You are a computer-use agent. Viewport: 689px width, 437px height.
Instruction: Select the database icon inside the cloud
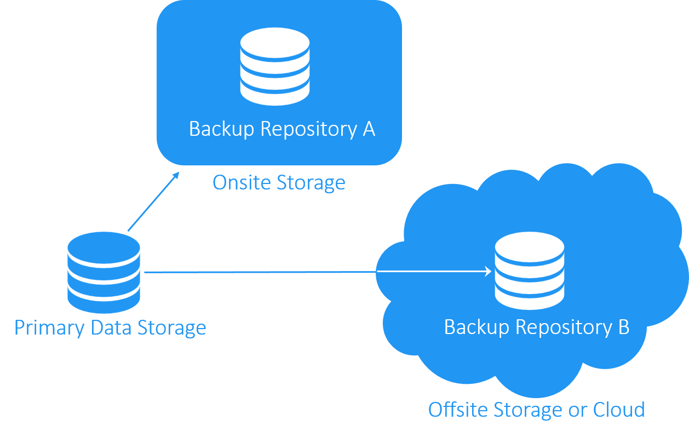529,271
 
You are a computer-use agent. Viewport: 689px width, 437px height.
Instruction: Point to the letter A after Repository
368,129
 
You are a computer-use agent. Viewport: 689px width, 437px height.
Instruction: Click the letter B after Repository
623,327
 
